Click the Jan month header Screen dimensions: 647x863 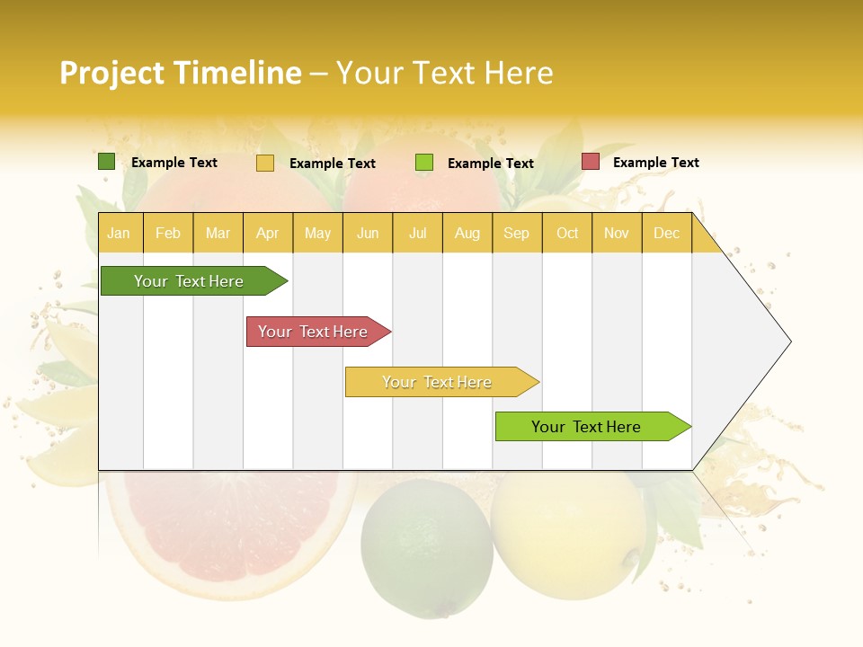119,233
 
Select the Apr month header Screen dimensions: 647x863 267,233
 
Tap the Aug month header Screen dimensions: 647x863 467,233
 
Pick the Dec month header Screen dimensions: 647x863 666,233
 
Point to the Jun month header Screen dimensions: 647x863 368,233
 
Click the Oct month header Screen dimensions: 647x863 567,233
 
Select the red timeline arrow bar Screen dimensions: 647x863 315,332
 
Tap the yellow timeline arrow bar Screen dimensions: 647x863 439,382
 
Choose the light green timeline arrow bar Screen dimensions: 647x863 589,427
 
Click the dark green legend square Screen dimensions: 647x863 106,162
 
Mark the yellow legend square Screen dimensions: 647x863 265,163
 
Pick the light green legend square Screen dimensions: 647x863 424,163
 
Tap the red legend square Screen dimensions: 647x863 590,162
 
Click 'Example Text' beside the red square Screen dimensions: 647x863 655,163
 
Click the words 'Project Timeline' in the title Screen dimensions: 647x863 180,73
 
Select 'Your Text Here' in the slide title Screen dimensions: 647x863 445,73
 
